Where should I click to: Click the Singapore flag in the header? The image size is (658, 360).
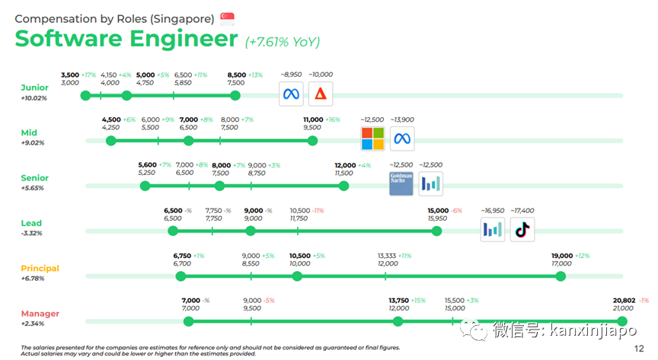[x=227, y=17]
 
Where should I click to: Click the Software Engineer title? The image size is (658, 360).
[x=126, y=38]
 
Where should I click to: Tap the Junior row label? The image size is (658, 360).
[x=34, y=88]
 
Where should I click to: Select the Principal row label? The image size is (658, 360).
[x=40, y=269]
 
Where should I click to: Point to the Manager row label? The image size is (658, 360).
[x=40, y=314]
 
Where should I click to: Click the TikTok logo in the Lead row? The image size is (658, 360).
[x=522, y=229]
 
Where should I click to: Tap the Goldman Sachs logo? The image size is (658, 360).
[x=401, y=183]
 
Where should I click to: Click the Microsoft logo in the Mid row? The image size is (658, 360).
[x=372, y=139]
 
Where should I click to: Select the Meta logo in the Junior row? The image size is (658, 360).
[x=289, y=94]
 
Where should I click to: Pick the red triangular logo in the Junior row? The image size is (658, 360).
[x=321, y=94]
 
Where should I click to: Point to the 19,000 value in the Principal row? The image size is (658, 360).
[x=563, y=256]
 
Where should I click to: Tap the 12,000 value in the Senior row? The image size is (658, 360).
[x=345, y=165]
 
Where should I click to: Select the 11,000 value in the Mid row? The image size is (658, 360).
[x=313, y=119]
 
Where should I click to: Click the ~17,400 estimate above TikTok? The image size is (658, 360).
[x=522, y=209]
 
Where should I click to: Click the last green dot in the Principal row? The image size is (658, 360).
[x=561, y=276]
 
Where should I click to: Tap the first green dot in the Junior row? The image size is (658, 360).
[x=85, y=95]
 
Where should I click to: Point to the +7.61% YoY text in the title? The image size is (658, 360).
[x=283, y=42]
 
